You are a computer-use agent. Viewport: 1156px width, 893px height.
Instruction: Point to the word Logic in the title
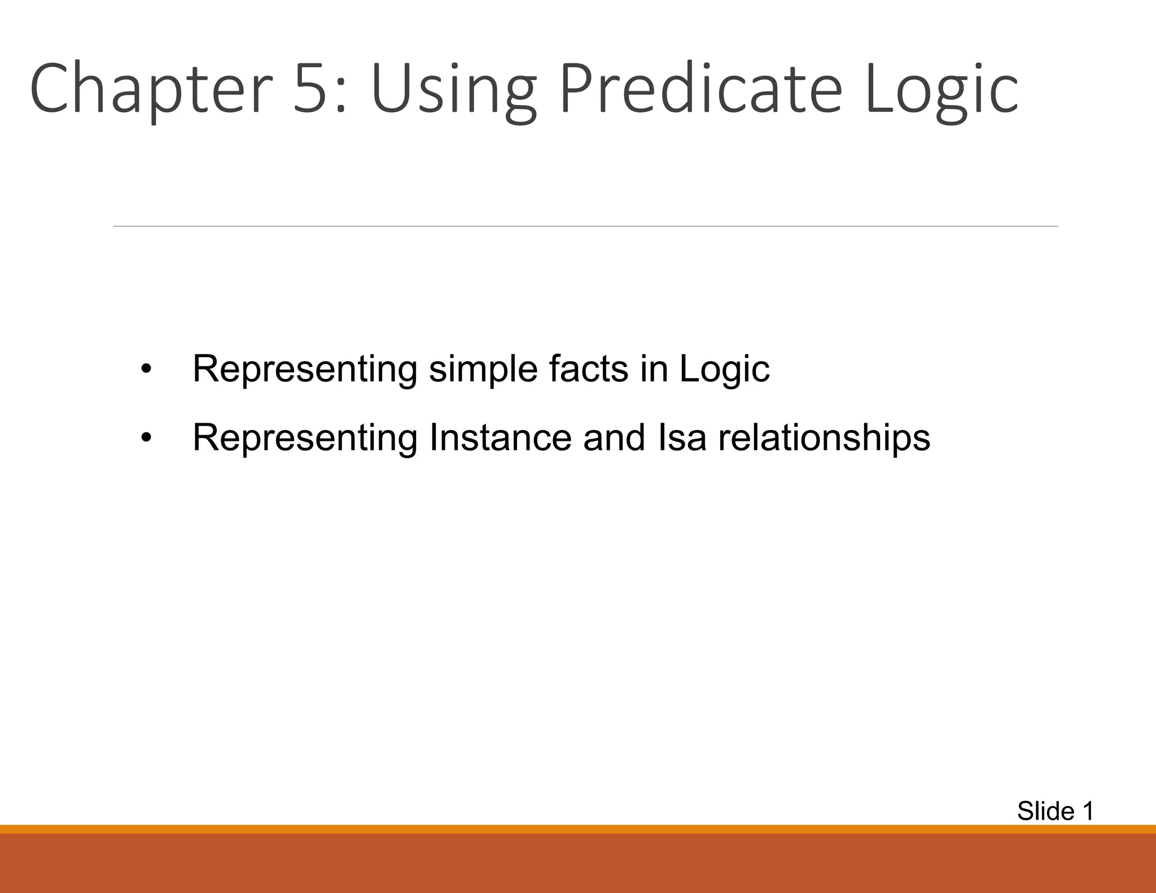tap(941, 90)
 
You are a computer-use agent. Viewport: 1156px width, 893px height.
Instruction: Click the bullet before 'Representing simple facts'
tap(146, 370)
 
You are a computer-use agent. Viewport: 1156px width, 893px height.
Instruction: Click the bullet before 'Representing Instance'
tap(146, 438)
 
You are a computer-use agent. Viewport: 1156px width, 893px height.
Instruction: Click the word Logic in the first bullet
tap(724, 370)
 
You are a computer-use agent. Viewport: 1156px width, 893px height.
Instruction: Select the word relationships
tap(824, 439)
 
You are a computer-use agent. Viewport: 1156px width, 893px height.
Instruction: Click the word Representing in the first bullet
tap(305, 370)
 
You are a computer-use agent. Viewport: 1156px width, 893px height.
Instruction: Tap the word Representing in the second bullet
tap(305, 439)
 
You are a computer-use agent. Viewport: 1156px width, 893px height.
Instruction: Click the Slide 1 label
tap(1055, 811)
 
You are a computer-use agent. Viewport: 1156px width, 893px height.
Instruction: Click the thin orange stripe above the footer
tap(578, 829)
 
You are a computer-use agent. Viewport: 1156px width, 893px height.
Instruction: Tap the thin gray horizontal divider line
tap(585, 226)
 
